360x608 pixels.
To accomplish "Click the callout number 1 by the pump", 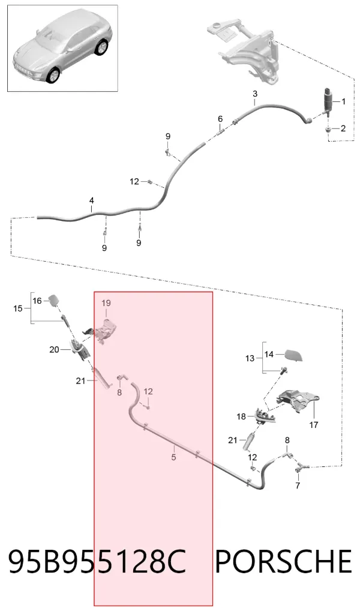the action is tap(343, 101).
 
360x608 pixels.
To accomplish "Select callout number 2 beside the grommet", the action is tap(343, 128).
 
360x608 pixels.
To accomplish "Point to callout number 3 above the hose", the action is tap(254, 94).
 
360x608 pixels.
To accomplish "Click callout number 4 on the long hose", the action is tap(91, 201).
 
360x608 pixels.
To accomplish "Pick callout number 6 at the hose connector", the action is tap(220, 119).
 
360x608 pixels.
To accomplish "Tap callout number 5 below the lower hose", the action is tap(173, 457).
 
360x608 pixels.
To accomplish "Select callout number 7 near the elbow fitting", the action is tap(298, 485).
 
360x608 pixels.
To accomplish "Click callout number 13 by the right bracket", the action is tap(250, 358).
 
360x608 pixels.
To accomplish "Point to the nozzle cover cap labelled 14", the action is tap(293, 355).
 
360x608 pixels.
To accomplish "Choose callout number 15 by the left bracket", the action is tap(18, 309).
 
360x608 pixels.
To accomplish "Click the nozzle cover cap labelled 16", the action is tap(54, 299).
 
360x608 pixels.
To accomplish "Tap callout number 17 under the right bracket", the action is tap(313, 424).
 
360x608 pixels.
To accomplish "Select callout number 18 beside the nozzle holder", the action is tap(241, 417).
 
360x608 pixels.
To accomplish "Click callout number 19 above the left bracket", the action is tap(106, 303).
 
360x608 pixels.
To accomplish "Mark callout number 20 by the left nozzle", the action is tap(54, 349).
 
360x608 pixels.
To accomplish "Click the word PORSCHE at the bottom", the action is tap(283, 561).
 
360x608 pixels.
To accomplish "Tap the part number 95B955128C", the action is tap(97, 561).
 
